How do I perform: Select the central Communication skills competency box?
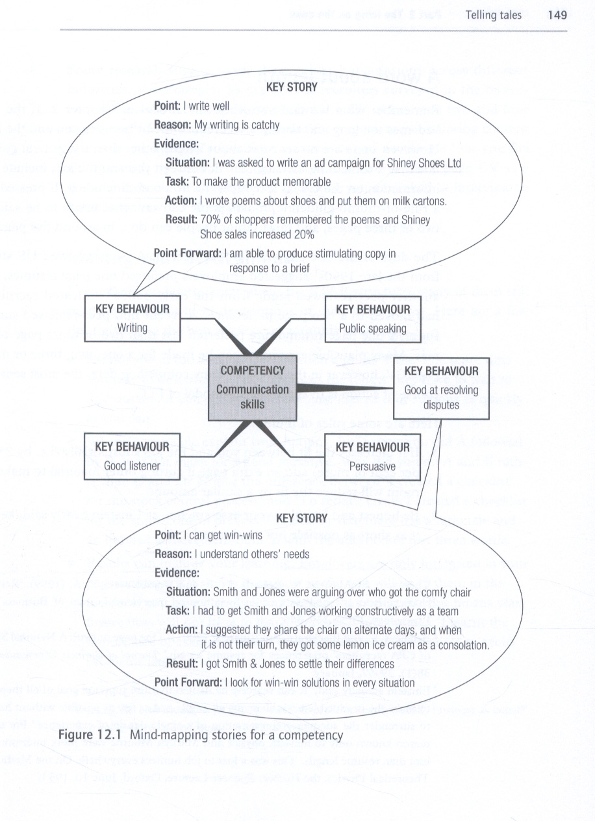[252, 388]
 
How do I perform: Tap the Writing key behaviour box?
[132, 318]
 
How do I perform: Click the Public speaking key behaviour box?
[372, 319]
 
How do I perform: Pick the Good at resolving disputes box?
[441, 388]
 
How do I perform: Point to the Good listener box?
[132, 456]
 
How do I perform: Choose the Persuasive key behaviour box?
[372, 457]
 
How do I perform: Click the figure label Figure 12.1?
[92, 735]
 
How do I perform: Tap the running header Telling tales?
[493, 15]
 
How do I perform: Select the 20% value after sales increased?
[303, 234]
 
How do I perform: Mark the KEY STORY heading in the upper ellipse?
[292, 86]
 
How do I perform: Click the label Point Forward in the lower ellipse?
[188, 682]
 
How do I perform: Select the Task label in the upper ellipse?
[177, 182]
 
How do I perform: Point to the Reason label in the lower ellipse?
[173, 554]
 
